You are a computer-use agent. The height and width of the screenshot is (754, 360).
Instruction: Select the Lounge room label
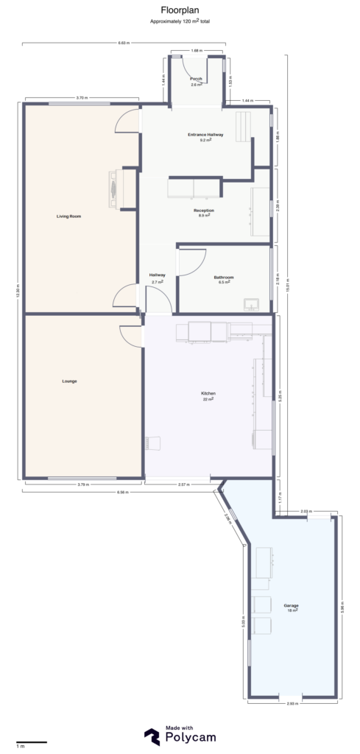click(x=69, y=381)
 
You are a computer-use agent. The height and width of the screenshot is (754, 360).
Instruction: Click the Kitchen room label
click(x=208, y=394)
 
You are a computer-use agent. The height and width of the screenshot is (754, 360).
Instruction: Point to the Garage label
click(x=291, y=606)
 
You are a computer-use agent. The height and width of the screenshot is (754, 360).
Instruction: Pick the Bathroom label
click(x=223, y=277)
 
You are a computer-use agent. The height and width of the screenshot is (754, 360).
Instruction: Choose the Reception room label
click(x=204, y=211)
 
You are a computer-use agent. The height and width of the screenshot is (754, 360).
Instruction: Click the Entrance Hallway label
click(x=205, y=135)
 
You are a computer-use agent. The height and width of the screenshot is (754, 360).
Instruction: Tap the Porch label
click(x=196, y=79)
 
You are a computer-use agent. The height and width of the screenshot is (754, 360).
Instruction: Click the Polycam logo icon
click(x=152, y=736)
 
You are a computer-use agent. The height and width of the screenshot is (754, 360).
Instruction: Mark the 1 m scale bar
click(x=32, y=742)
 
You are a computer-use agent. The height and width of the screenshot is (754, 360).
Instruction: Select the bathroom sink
click(x=250, y=303)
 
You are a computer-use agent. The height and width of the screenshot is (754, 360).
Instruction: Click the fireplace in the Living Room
click(x=114, y=188)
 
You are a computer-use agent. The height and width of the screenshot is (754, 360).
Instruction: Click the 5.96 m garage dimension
click(x=343, y=606)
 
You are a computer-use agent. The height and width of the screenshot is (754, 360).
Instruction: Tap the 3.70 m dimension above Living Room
click(x=82, y=98)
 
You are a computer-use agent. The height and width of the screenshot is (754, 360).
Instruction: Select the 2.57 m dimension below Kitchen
click(x=184, y=485)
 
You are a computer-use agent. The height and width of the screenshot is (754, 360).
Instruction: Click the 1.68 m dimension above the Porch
click(x=197, y=51)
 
